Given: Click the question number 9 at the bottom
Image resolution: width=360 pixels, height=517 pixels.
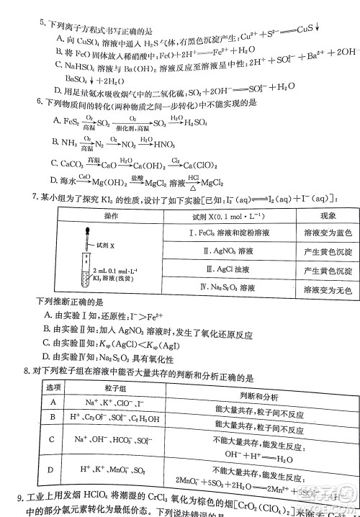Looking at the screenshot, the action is coord(20,498).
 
